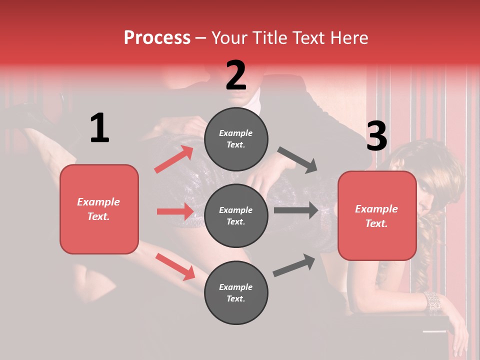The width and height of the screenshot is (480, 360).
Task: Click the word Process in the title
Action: [157, 38]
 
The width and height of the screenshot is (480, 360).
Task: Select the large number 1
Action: [99, 128]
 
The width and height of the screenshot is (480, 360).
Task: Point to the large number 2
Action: [236, 75]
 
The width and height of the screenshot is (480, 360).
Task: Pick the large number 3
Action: [376, 136]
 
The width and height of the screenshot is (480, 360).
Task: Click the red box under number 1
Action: [99, 209]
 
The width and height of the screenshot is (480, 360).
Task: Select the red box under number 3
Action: [377, 215]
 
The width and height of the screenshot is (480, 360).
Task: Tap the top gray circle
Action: [236, 138]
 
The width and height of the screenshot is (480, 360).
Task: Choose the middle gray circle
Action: [236, 215]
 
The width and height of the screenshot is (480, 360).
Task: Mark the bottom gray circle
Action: [236, 292]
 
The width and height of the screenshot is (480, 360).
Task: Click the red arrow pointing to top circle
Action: [174, 159]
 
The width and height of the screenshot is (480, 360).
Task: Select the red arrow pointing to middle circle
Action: [175, 211]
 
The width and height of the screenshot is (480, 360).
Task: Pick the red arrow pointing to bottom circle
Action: [175, 266]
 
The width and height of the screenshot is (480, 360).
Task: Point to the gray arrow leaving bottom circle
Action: [294, 265]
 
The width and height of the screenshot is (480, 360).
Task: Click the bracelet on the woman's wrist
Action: [433, 302]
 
